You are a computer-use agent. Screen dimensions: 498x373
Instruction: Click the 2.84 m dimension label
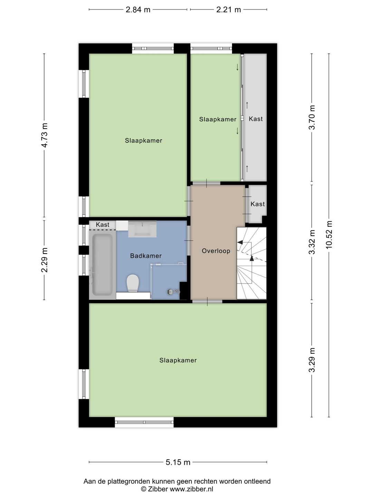click(138, 10)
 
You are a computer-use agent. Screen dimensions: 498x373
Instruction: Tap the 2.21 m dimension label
click(228, 10)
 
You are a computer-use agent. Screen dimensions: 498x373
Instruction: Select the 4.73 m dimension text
click(45, 135)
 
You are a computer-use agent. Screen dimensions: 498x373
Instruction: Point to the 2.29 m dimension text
click(45, 260)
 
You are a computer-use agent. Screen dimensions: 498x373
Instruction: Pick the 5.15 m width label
click(178, 462)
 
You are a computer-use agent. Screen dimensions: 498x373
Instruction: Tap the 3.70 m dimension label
click(312, 117)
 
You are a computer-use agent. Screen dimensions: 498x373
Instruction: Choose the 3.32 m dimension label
click(312, 242)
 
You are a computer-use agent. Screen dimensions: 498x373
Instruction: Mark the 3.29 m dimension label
click(312, 360)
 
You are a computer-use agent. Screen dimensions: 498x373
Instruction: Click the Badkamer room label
click(146, 256)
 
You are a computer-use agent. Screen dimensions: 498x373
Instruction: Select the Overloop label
click(216, 251)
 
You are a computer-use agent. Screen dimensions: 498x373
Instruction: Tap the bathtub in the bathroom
click(102, 265)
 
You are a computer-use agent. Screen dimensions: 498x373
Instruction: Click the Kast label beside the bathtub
click(103, 225)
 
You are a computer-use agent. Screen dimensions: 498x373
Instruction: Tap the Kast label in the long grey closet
click(256, 119)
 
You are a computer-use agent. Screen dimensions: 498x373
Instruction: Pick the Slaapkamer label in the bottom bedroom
click(178, 360)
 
